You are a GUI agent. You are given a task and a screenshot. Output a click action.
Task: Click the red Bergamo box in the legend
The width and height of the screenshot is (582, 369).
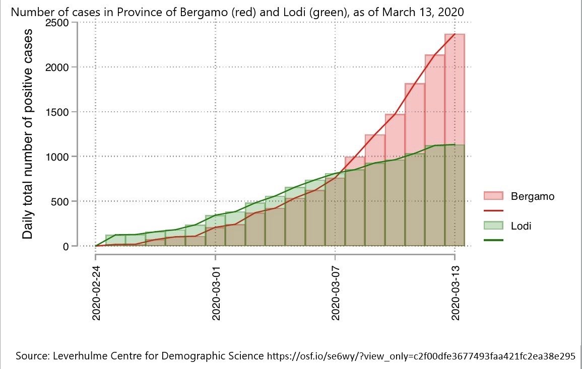point(493,196)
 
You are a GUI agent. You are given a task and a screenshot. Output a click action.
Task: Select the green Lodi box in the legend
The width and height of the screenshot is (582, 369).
point(493,226)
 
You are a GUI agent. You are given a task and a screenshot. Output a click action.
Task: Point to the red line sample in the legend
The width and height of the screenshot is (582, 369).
point(493,211)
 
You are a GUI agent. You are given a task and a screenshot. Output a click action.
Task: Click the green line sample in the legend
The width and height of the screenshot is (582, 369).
point(493,241)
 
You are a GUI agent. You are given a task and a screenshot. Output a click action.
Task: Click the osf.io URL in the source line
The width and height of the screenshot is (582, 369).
point(421,356)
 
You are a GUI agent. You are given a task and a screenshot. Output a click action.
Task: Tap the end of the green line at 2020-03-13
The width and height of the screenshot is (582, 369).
point(455,144)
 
